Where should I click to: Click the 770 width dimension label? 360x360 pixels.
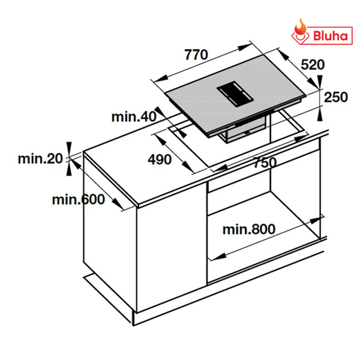click(x=196, y=55)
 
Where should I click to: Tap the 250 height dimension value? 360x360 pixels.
click(x=336, y=97)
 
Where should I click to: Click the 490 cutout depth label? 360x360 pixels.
click(x=160, y=159)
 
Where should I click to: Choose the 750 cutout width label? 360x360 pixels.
click(x=263, y=162)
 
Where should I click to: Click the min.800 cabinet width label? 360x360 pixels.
click(x=248, y=229)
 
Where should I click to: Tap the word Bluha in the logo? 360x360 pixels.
click(x=331, y=35)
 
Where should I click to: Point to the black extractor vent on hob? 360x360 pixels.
click(x=234, y=92)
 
